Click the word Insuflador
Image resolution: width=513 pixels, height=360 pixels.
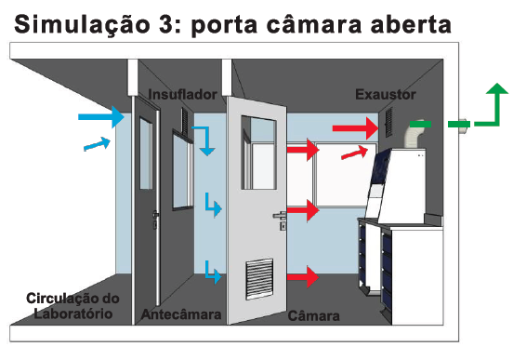tap(182, 95)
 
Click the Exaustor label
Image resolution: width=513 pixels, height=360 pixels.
tap(386, 95)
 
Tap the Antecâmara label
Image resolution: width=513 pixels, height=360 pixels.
tap(181, 314)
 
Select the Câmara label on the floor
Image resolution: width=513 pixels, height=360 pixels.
tap(313, 316)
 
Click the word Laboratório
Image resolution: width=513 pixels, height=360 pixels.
tap(73, 313)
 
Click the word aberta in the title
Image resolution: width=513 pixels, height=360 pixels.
tap(411, 24)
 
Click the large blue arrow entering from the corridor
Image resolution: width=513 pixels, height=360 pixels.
tap(101, 117)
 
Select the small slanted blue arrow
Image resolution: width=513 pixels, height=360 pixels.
tap(98, 144)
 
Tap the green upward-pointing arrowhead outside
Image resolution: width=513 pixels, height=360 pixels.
tap(497, 88)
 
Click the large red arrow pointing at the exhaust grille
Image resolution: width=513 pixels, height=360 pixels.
tap(355, 128)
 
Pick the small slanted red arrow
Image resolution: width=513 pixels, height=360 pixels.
tap(355, 153)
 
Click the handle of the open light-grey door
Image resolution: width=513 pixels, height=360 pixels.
tap(280, 215)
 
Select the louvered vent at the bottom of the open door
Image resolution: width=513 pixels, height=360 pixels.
tap(259, 279)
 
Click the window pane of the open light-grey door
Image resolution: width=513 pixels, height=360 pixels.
tap(258, 153)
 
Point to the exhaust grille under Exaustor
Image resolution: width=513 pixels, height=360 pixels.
tap(389, 123)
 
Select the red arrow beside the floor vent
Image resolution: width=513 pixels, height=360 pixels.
tap(303, 277)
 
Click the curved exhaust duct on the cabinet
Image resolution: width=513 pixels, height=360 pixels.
tap(414, 135)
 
